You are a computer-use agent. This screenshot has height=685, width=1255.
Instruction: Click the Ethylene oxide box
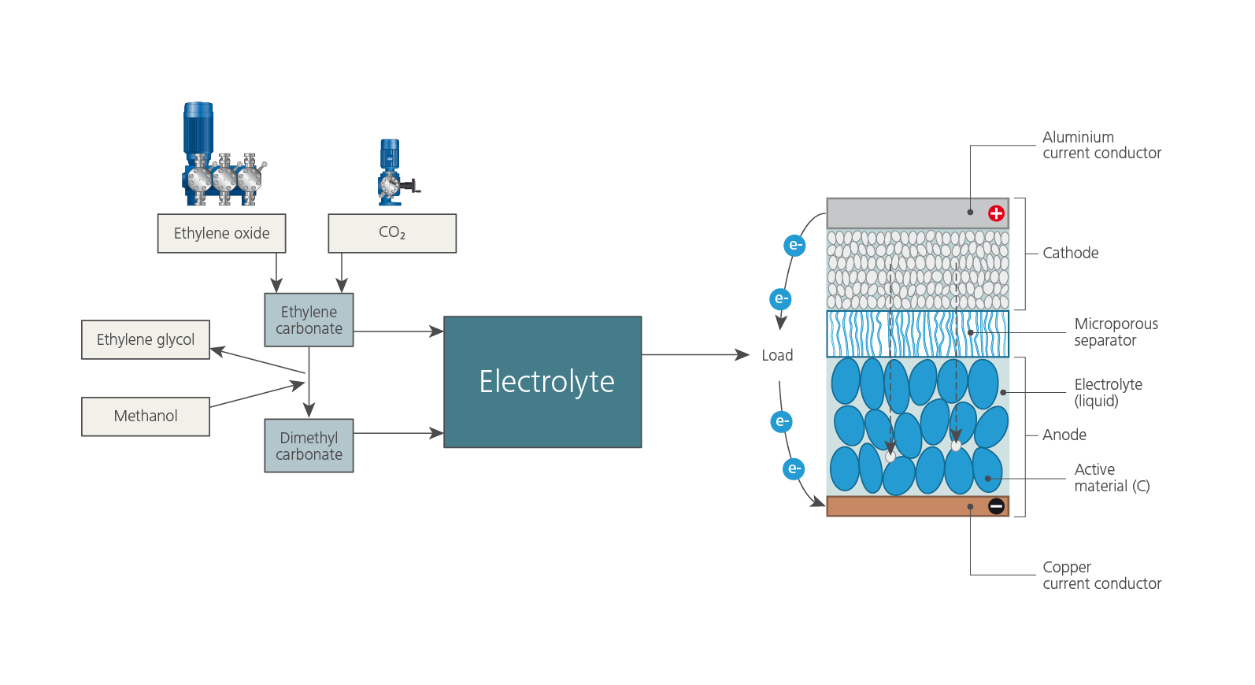point(221,233)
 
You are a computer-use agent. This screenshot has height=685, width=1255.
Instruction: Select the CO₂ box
point(392,233)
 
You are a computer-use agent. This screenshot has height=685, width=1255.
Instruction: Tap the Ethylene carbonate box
point(309,320)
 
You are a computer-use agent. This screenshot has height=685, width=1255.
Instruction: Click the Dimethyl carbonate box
point(309,446)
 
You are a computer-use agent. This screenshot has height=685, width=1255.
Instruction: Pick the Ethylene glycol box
point(146,339)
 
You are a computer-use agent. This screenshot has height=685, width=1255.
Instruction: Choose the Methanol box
point(146,416)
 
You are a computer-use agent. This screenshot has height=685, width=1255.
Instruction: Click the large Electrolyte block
point(542,382)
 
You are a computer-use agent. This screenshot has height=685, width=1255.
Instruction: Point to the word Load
point(777,355)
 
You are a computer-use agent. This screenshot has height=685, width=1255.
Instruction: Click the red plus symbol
point(996,213)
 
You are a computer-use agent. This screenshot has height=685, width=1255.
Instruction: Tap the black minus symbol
point(996,506)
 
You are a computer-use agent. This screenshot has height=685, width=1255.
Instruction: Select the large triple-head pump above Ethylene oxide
point(221,157)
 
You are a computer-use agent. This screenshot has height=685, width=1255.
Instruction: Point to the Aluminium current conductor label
point(1101,145)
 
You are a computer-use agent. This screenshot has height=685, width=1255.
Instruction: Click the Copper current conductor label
point(1101,575)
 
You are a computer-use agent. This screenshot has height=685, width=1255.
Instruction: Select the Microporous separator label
point(1115,331)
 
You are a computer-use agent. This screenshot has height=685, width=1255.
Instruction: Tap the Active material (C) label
point(1111,477)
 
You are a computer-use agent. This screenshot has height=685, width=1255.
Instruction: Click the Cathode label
point(1070,253)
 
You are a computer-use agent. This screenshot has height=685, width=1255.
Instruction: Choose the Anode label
point(1064,435)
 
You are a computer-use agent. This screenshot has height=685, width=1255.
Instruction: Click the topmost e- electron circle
point(795,245)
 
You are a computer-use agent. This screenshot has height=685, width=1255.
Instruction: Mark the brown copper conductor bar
point(905,506)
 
